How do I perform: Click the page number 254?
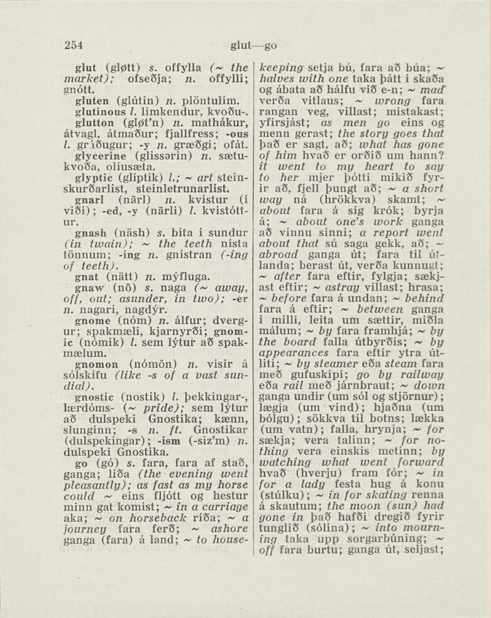[74, 45]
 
